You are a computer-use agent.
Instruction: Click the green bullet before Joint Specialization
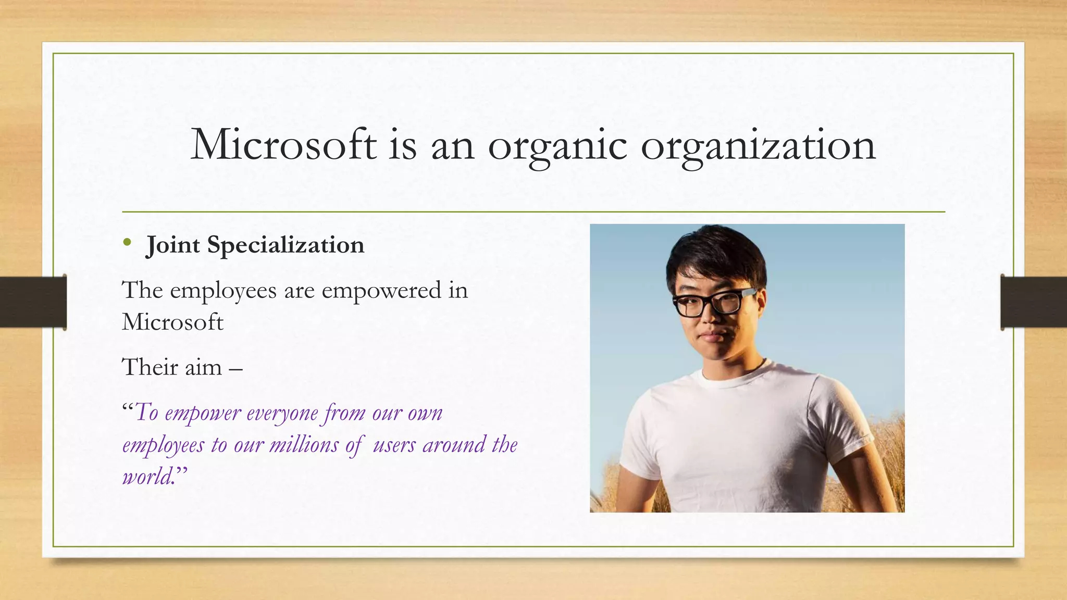pyautogui.click(x=127, y=242)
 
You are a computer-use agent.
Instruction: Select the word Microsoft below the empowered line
pyautogui.click(x=172, y=322)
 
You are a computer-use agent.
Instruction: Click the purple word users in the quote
pyautogui.click(x=394, y=445)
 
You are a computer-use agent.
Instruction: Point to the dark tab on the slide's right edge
pyautogui.click(x=1034, y=302)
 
